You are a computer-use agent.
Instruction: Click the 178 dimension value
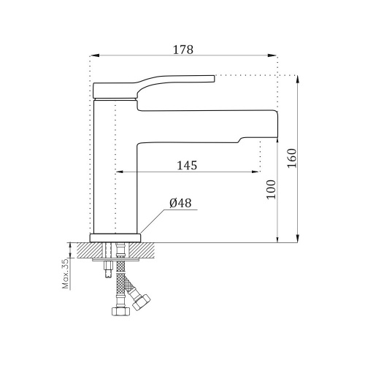pos(183,50)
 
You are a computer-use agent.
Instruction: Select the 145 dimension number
pos(187,166)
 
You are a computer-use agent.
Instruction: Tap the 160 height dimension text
pos(292,158)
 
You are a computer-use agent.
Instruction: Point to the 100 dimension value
pos(272,190)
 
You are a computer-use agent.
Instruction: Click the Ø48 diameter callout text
pos(180,203)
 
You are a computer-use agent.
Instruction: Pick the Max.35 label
pos(66,273)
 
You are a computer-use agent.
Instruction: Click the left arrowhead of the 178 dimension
pos(95,55)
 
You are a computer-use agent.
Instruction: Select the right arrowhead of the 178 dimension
pos(272,55)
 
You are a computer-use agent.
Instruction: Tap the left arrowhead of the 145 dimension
pos(120,172)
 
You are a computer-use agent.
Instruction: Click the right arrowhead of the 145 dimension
pos(255,172)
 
